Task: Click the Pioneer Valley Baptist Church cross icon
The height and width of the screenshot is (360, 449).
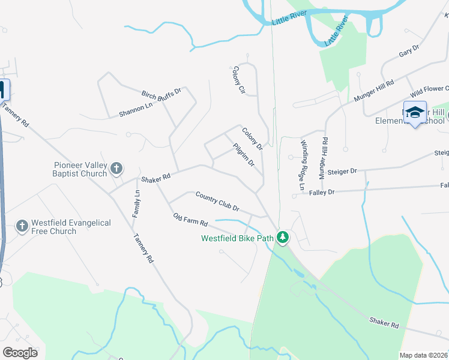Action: coord(117,169)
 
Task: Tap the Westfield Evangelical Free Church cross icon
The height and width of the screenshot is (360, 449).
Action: coord(22,226)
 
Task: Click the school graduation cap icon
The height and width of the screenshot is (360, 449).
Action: coord(415,112)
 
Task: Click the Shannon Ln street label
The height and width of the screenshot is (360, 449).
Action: coord(136,110)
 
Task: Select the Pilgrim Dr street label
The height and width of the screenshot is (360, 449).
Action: coord(244,155)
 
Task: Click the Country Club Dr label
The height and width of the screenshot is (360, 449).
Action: coord(217,201)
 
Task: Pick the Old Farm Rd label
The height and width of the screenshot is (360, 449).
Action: coord(190,220)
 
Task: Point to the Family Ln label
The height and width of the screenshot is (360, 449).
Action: coord(136,203)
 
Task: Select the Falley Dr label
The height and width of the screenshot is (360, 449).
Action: coord(322,192)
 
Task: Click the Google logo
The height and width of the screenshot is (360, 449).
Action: coord(20,352)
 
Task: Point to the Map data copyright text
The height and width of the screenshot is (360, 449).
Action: coord(423,355)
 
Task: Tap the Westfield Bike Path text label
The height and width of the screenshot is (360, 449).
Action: coord(238,238)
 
